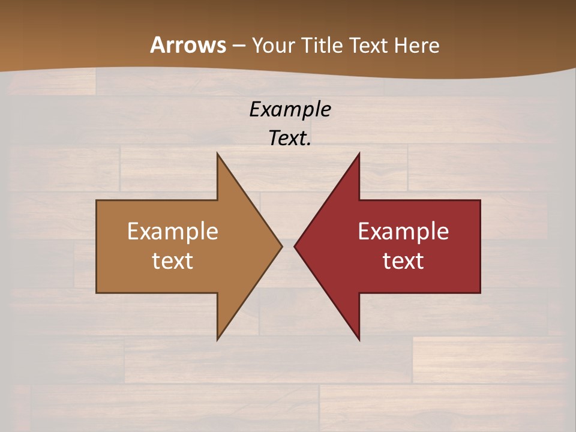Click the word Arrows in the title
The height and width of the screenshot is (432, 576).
point(188,45)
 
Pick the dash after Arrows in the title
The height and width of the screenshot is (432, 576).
point(238,46)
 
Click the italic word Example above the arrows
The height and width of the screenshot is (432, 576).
point(290,110)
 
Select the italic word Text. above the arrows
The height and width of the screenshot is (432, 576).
point(290,139)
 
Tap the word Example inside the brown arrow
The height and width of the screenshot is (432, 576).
point(173,232)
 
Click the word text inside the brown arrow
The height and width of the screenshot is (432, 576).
point(173,260)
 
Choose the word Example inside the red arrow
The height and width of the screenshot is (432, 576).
point(403,232)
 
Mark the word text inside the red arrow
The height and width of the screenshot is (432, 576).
point(403,260)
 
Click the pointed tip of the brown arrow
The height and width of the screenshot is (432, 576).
point(282,246)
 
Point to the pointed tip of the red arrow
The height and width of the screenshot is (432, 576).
point(295,246)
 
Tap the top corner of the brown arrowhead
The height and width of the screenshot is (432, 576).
point(217,153)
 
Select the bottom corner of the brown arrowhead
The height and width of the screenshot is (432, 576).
point(217,340)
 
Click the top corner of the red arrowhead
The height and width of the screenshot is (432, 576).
point(359,153)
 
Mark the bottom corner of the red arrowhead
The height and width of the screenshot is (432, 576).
point(359,340)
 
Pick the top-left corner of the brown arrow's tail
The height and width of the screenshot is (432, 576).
point(97,200)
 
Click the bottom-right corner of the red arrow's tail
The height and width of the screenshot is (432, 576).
point(480,293)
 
